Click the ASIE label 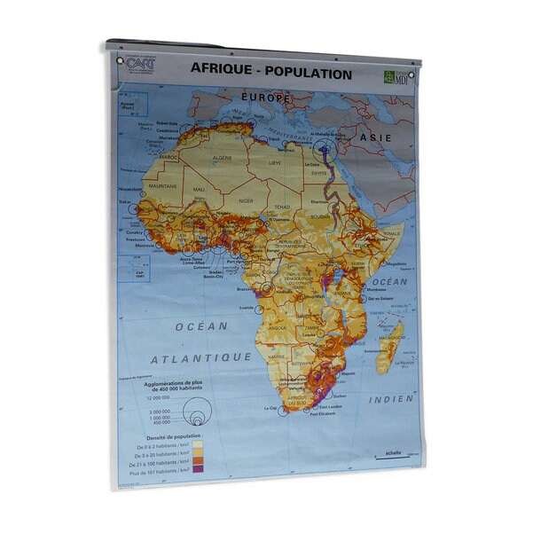[x=375, y=138]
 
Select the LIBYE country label [x=275, y=163]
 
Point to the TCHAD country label [x=283, y=207]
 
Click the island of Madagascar [x=388, y=345]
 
